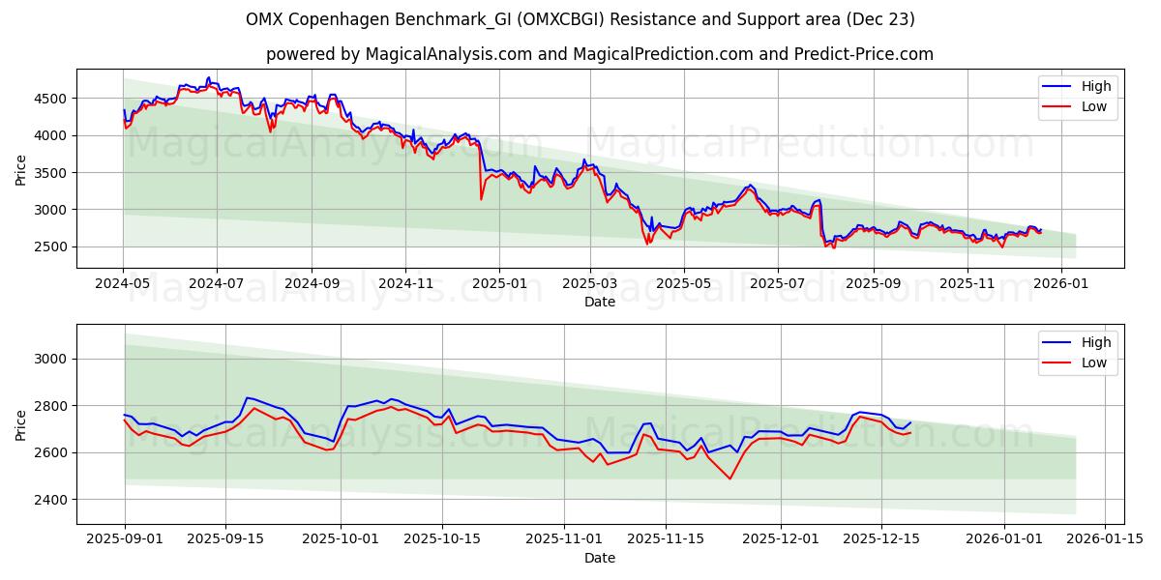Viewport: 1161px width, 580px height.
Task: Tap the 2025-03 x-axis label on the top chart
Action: click(590, 284)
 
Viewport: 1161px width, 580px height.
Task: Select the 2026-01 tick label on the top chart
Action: click(1061, 284)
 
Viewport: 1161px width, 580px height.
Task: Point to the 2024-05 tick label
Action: click(123, 284)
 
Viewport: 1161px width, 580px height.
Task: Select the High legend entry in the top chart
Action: click(1096, 86)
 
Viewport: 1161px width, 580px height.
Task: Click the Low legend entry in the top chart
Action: click(1094, 106)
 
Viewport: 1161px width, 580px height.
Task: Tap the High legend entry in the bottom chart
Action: click(1096, 342)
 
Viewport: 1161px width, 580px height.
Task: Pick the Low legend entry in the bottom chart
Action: click(1094, 362)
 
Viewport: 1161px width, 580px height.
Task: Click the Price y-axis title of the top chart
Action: click(21, 169)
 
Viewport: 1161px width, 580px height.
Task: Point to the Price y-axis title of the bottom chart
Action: click(21, 424)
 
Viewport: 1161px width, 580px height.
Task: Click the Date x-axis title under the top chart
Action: click(600, 302)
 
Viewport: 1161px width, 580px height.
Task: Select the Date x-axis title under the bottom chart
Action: click(600, 558)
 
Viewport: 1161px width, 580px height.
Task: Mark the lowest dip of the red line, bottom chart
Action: click(730, 478)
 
